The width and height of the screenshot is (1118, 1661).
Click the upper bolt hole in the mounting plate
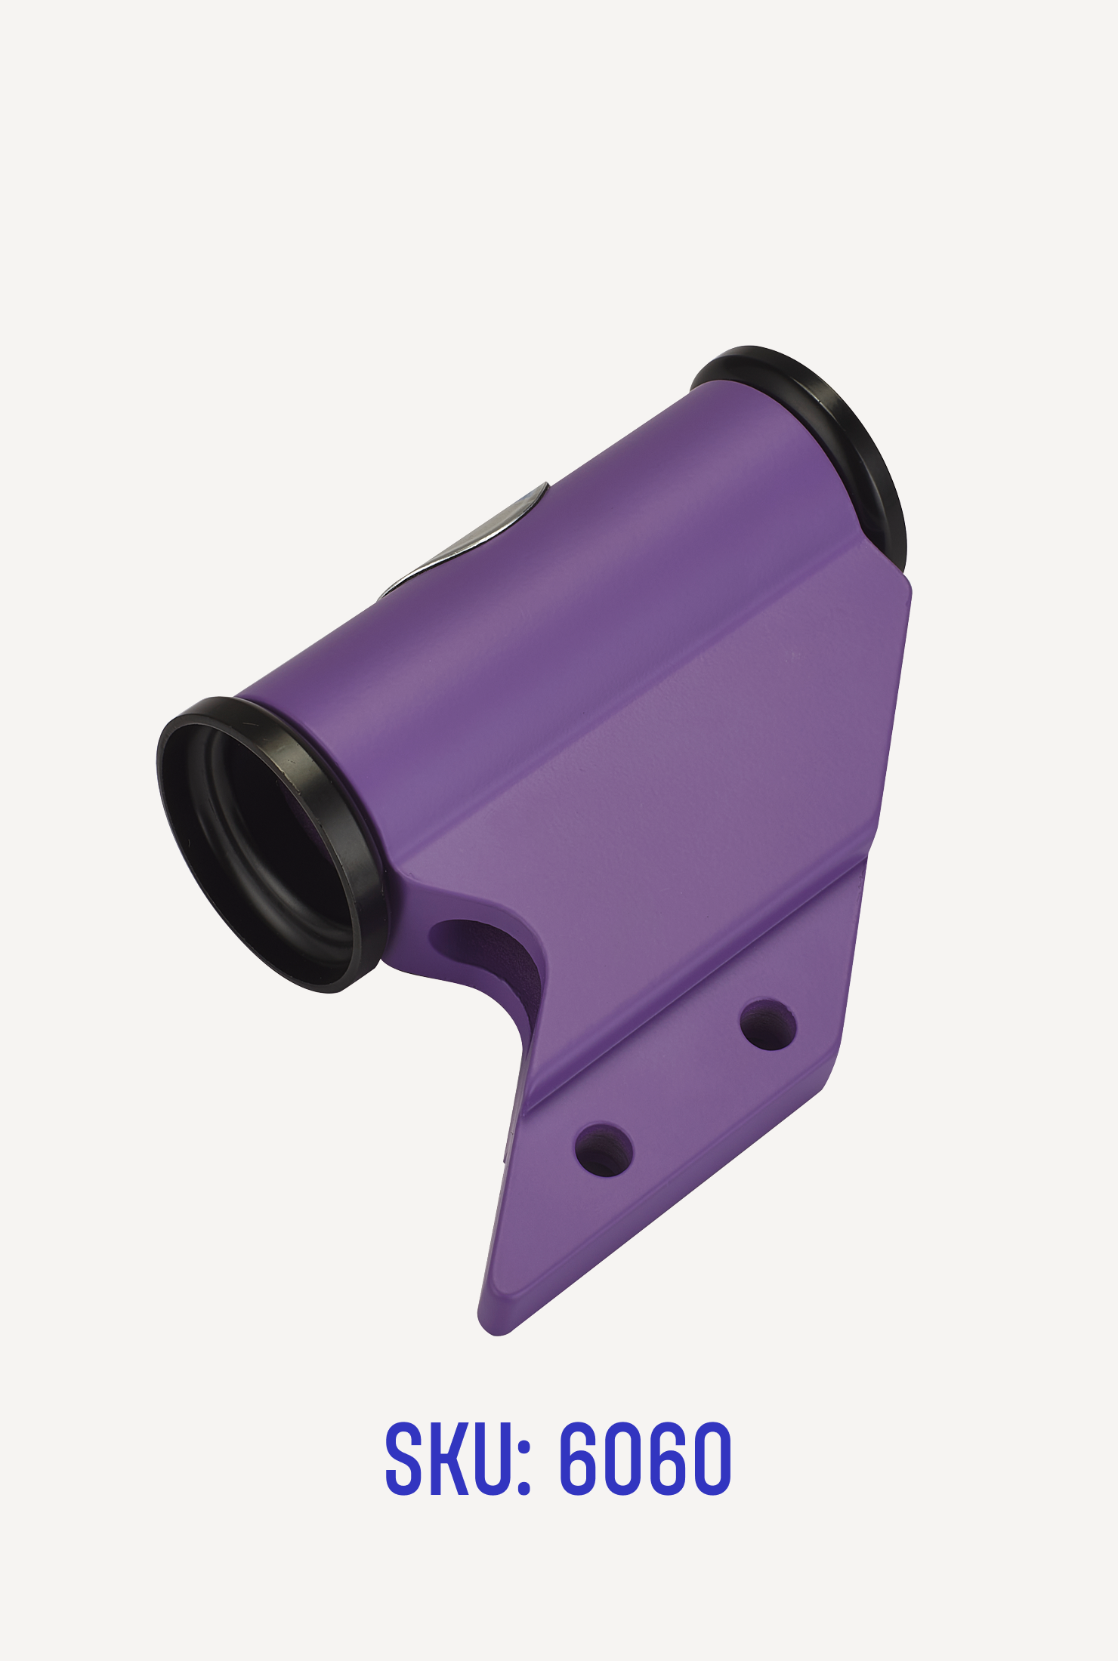tap(767, 1025)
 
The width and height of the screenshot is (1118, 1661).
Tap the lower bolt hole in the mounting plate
tap(604, 1150)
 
